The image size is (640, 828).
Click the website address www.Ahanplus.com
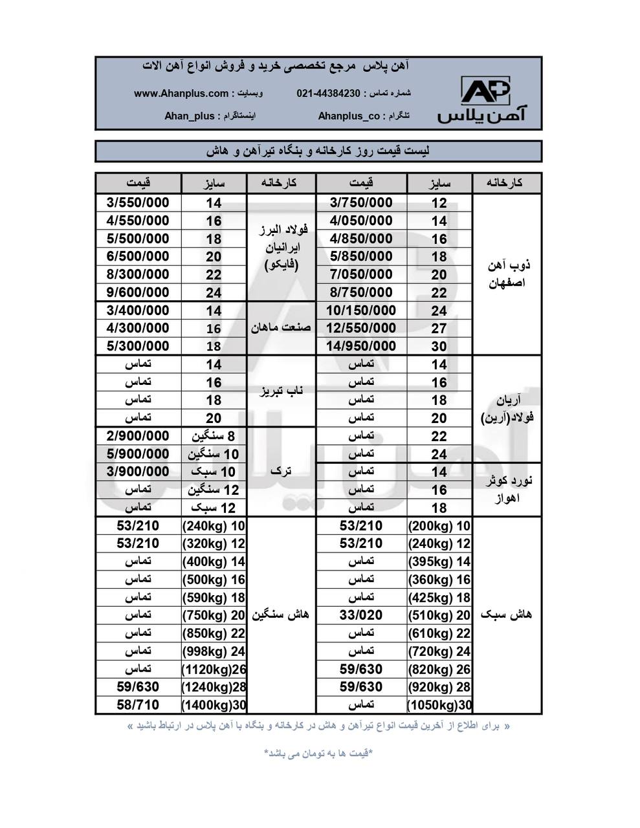pyautogui.click(x=181, y=93)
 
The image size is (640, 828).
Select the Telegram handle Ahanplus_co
pyautogui.click(x=349, y=116)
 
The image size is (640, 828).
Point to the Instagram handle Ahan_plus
pyautogui.click(x=190, y=116)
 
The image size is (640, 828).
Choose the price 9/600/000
pyautogui.click(x=138, y=292)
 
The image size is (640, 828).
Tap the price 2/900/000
pyautogui.click(x=138, y=436)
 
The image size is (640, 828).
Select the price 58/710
pyautogui.click(x=138, y=705)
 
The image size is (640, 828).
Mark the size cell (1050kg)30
pyautogui.click(x=440, y=705)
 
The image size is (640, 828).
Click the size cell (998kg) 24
pyautogui.click(x=214, y=651)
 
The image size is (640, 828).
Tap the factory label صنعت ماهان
pyautogui.click(x=281, y=328)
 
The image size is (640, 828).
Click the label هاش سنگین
pyautogui.click(x=281, y=615)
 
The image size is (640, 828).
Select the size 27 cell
pyautogui.click(x=439, y=328)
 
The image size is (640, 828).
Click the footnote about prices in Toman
pyautogui.click(x=318, y=754)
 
